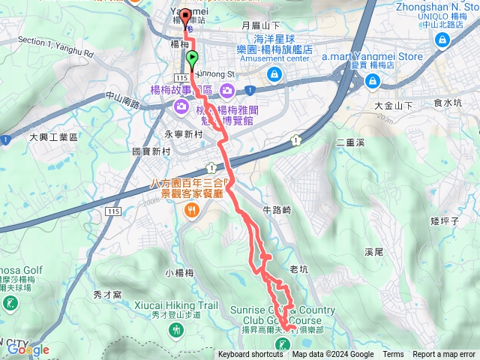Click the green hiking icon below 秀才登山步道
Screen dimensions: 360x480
[x=175, y=329]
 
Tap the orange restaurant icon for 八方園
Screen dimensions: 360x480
[x=192, y=211]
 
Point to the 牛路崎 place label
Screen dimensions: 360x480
[x=276, y=210]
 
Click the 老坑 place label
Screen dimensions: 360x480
[x=298, y=268]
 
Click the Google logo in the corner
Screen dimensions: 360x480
[x=28, y=349]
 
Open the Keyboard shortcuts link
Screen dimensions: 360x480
[x=250, y=355]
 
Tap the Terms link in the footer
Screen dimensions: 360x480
[x=393, y=355]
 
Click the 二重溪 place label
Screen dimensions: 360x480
[x=350, y=141]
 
